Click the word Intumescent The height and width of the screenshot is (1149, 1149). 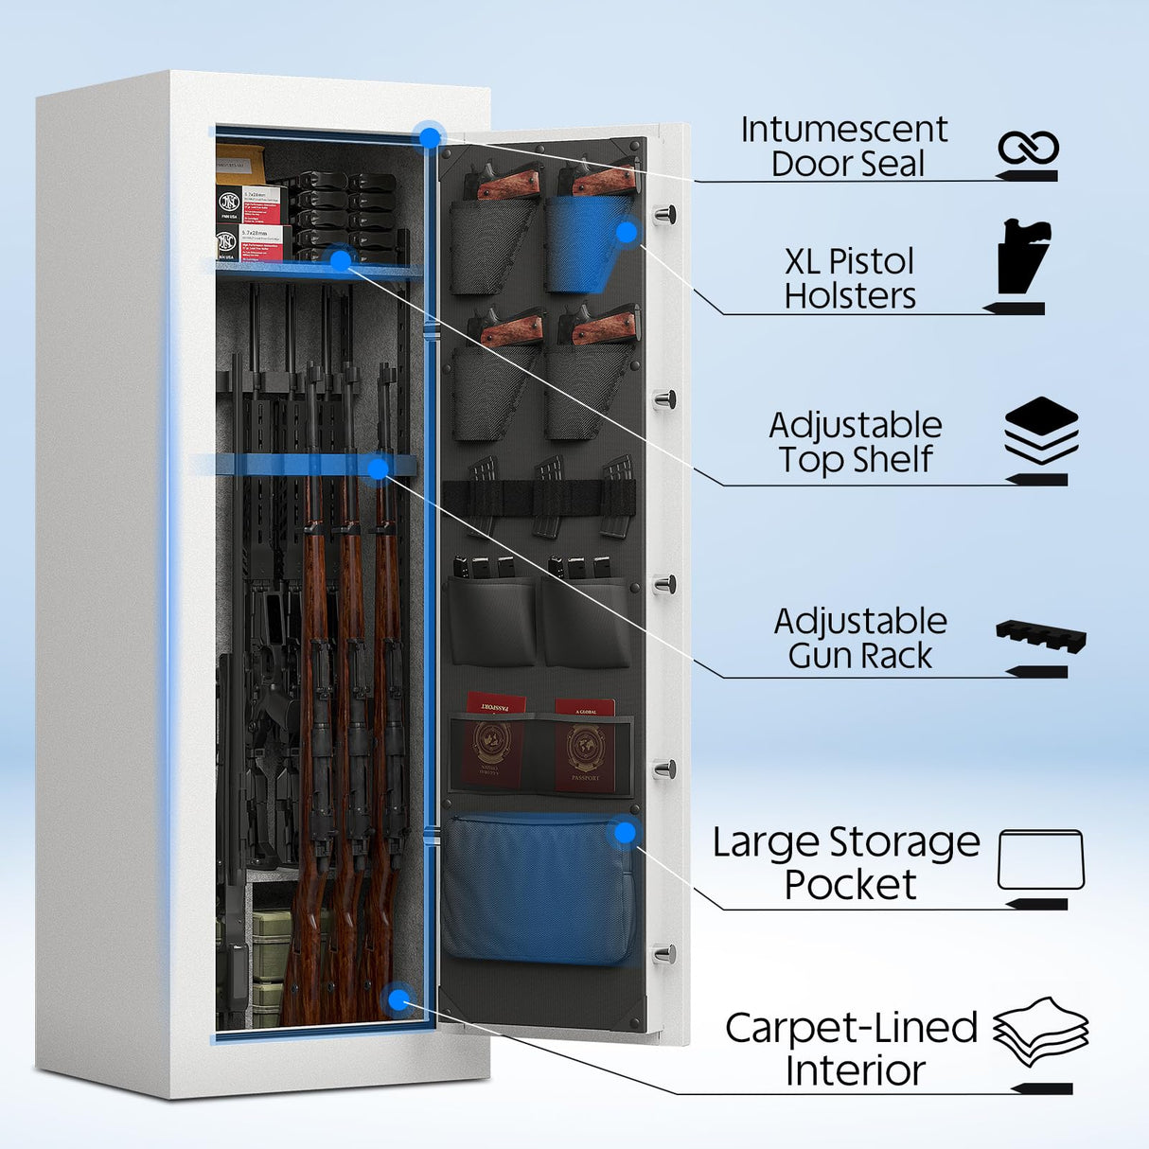843,130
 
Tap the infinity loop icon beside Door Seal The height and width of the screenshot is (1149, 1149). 1027,149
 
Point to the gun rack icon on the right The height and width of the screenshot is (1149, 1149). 1040,636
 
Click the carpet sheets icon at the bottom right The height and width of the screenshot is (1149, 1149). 1041,1032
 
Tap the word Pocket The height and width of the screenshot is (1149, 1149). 850,885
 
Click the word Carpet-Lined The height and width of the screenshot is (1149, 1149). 851,1028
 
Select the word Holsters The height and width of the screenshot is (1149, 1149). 850,296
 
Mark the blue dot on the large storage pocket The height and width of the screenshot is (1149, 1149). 625,833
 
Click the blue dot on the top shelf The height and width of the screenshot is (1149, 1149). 340,258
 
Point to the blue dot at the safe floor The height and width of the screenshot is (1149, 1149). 398,999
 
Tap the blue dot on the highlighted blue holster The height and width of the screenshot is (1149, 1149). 626,232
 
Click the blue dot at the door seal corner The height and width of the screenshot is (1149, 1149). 430,136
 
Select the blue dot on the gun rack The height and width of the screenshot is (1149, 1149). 378,468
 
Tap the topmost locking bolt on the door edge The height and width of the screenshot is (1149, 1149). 667,214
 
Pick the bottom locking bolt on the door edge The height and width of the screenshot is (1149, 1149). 665,953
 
